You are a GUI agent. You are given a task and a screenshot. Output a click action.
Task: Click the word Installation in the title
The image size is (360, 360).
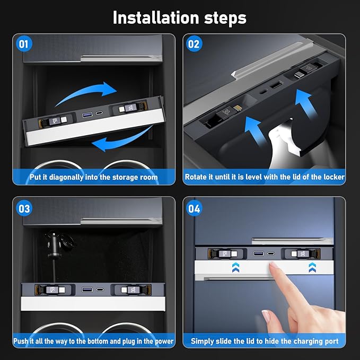tap(156, 17)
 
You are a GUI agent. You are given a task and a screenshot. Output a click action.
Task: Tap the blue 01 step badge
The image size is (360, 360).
tap(24, 44)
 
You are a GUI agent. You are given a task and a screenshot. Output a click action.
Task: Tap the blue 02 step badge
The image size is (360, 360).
tap(194, 44)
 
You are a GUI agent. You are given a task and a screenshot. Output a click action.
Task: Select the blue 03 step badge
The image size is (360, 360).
tap(24, 208)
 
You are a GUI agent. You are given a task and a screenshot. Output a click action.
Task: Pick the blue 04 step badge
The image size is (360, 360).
tap(194, 208)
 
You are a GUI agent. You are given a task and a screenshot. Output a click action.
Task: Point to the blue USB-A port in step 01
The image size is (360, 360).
tap(87, 115)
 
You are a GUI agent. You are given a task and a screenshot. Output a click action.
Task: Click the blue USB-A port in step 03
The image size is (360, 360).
tap(87, 289)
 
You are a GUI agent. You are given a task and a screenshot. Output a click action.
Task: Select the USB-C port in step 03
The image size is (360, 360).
tap(100, 289)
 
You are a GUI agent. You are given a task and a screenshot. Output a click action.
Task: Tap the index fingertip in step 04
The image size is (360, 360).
tap(274, 266)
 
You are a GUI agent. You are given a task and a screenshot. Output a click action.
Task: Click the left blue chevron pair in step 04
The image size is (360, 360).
tap(235, 267)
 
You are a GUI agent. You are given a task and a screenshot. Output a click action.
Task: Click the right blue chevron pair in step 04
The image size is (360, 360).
tap(312, 267)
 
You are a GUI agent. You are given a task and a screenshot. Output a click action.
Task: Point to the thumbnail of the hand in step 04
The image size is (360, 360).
tap(266, 316)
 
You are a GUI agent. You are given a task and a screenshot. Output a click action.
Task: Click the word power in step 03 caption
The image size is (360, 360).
tap(164, 341)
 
